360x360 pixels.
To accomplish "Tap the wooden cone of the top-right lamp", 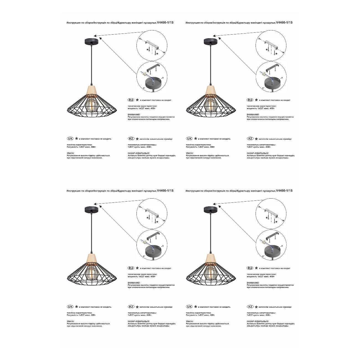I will click(x=211, y=91).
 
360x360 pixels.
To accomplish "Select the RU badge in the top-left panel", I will click(x=131, y=100).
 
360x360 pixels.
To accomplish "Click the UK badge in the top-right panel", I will click(x=189, y=138).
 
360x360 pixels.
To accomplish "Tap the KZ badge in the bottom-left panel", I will click(x=131, y=307).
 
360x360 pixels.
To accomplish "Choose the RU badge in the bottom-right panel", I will click(x=250, y=268).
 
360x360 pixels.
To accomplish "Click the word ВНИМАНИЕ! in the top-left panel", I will click(x=134, y=114).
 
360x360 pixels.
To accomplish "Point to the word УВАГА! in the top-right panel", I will click(x=190, y=153).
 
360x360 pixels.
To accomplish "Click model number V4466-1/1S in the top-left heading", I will click(x=165, y=23).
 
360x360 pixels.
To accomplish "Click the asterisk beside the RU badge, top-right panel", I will click(x=256, y=100).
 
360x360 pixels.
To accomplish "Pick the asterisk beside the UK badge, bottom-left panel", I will click(x=76, y=307).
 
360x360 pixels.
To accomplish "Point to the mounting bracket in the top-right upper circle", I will click(x=271, y=43).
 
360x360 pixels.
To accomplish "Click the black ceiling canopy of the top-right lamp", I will click(x=211, y=41).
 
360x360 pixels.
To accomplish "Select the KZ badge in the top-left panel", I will click(x=131, y=138).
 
